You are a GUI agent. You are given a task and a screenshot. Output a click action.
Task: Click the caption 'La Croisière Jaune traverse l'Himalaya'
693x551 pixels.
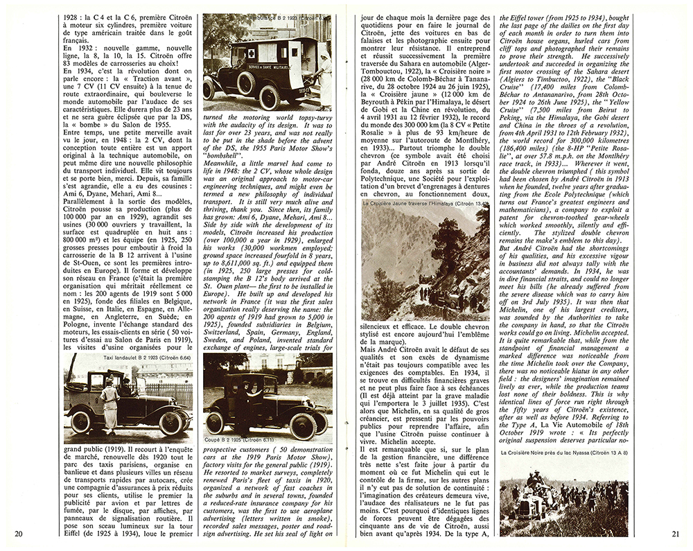(419, 204)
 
